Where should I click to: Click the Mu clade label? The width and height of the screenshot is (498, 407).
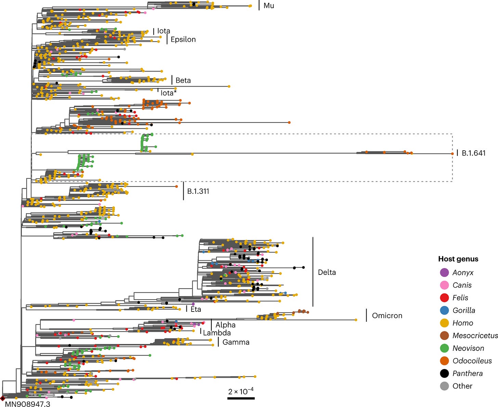[268, 6]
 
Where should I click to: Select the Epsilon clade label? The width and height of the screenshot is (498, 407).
[183, 39]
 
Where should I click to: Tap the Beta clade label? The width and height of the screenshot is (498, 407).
[183, 80]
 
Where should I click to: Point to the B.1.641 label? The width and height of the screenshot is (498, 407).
[473, 153]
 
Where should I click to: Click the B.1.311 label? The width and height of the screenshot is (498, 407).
[198, 191]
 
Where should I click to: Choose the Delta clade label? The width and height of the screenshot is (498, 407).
[327, 272]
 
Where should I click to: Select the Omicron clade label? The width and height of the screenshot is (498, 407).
[387, 316]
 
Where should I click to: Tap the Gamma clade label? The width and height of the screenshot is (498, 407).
[236, 342]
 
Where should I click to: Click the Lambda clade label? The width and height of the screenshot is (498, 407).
[217, 333]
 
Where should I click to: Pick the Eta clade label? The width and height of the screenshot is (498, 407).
[196, 309]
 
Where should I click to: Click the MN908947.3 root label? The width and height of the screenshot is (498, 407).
[27, 404]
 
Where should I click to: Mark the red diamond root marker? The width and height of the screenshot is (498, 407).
[3, 398]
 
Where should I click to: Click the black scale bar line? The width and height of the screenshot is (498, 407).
[241, 398]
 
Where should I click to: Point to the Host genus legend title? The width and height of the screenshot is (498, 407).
[458, 259]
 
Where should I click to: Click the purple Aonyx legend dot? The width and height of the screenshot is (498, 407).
[444, 273]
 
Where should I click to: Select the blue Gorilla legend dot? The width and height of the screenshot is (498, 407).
[444, 310]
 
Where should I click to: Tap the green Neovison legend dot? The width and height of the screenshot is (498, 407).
[444, 348]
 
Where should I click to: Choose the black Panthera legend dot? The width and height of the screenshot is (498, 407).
[444, 373]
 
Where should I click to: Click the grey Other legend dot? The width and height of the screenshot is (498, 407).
[444, 386]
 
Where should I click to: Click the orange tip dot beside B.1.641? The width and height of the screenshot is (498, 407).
[452, 154]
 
